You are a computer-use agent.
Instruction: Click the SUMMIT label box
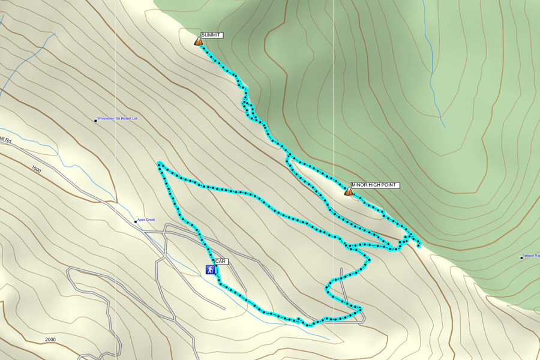(211, 35)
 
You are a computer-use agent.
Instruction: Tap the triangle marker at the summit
(198, 42)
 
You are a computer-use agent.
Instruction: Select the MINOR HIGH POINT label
(374, 185)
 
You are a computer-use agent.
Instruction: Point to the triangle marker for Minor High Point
(348, 191)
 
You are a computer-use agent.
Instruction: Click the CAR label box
(221, 262)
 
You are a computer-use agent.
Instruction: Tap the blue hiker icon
(211, 270)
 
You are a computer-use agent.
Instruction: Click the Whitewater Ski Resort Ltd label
(118, 119)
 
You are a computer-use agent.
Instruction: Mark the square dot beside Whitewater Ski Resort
(95, 121)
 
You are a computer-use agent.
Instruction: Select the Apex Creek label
(146, 220)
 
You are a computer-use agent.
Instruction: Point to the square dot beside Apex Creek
(136, 221)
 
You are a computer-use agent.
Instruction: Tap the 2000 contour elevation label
(50, 340)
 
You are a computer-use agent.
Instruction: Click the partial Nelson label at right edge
(531, 256)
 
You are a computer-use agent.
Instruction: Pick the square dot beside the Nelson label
(521, 257)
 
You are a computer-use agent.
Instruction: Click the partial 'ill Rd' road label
(6, 139)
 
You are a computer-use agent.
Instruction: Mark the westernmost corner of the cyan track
(158, 163)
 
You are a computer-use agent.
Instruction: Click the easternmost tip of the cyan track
(418, 245)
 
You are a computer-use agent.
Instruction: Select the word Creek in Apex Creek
(151, 220)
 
